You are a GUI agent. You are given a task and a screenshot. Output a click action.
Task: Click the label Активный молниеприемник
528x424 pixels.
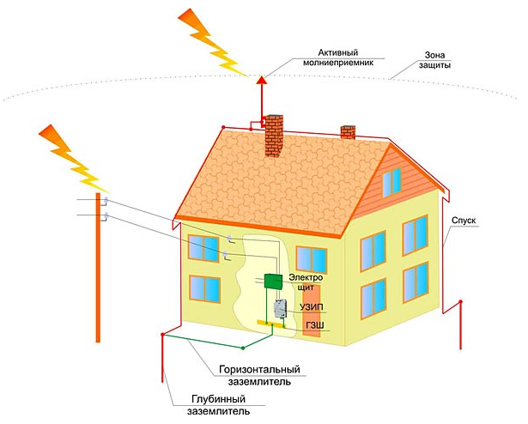[x=338, y=58]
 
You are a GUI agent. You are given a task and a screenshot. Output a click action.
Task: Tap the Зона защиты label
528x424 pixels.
[x=434, y=59]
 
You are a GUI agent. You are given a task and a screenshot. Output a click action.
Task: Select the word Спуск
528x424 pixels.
[x=464, y=221]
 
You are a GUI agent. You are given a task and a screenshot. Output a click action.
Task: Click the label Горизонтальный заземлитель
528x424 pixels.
[x=259, y=375]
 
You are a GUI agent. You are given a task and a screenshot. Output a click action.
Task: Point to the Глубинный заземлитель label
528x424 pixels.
[x=218, y=405]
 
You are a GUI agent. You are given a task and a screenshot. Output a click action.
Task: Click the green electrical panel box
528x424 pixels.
[x=273, y=282]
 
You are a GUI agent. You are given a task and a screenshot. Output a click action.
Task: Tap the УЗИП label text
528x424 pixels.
[x=311, y=307]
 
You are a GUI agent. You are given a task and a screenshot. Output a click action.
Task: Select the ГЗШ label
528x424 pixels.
[x=315, y=325]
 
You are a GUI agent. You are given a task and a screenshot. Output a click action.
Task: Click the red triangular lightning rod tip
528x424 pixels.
[x=262, y=80]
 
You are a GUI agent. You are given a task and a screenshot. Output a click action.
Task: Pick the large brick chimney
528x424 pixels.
[x=274, y=136]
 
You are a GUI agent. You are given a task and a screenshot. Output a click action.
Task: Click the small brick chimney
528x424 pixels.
[x=348, y=132]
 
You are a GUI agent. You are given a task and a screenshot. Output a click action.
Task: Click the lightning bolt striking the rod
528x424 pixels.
[x=211, y=42]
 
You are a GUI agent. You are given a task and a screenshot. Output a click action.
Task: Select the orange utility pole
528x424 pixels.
[x=98, y=268]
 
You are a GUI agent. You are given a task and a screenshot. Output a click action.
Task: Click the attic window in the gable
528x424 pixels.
[x=391, y=183]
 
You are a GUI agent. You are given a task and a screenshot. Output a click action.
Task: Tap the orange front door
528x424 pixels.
[x=312, y=311]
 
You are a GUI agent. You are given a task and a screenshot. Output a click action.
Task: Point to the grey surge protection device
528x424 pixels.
[x=280, y=308]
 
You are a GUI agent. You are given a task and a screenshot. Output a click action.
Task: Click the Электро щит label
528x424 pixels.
[x=306, y=282]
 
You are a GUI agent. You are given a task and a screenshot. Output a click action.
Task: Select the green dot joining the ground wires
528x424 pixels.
[x=243, y=348]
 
